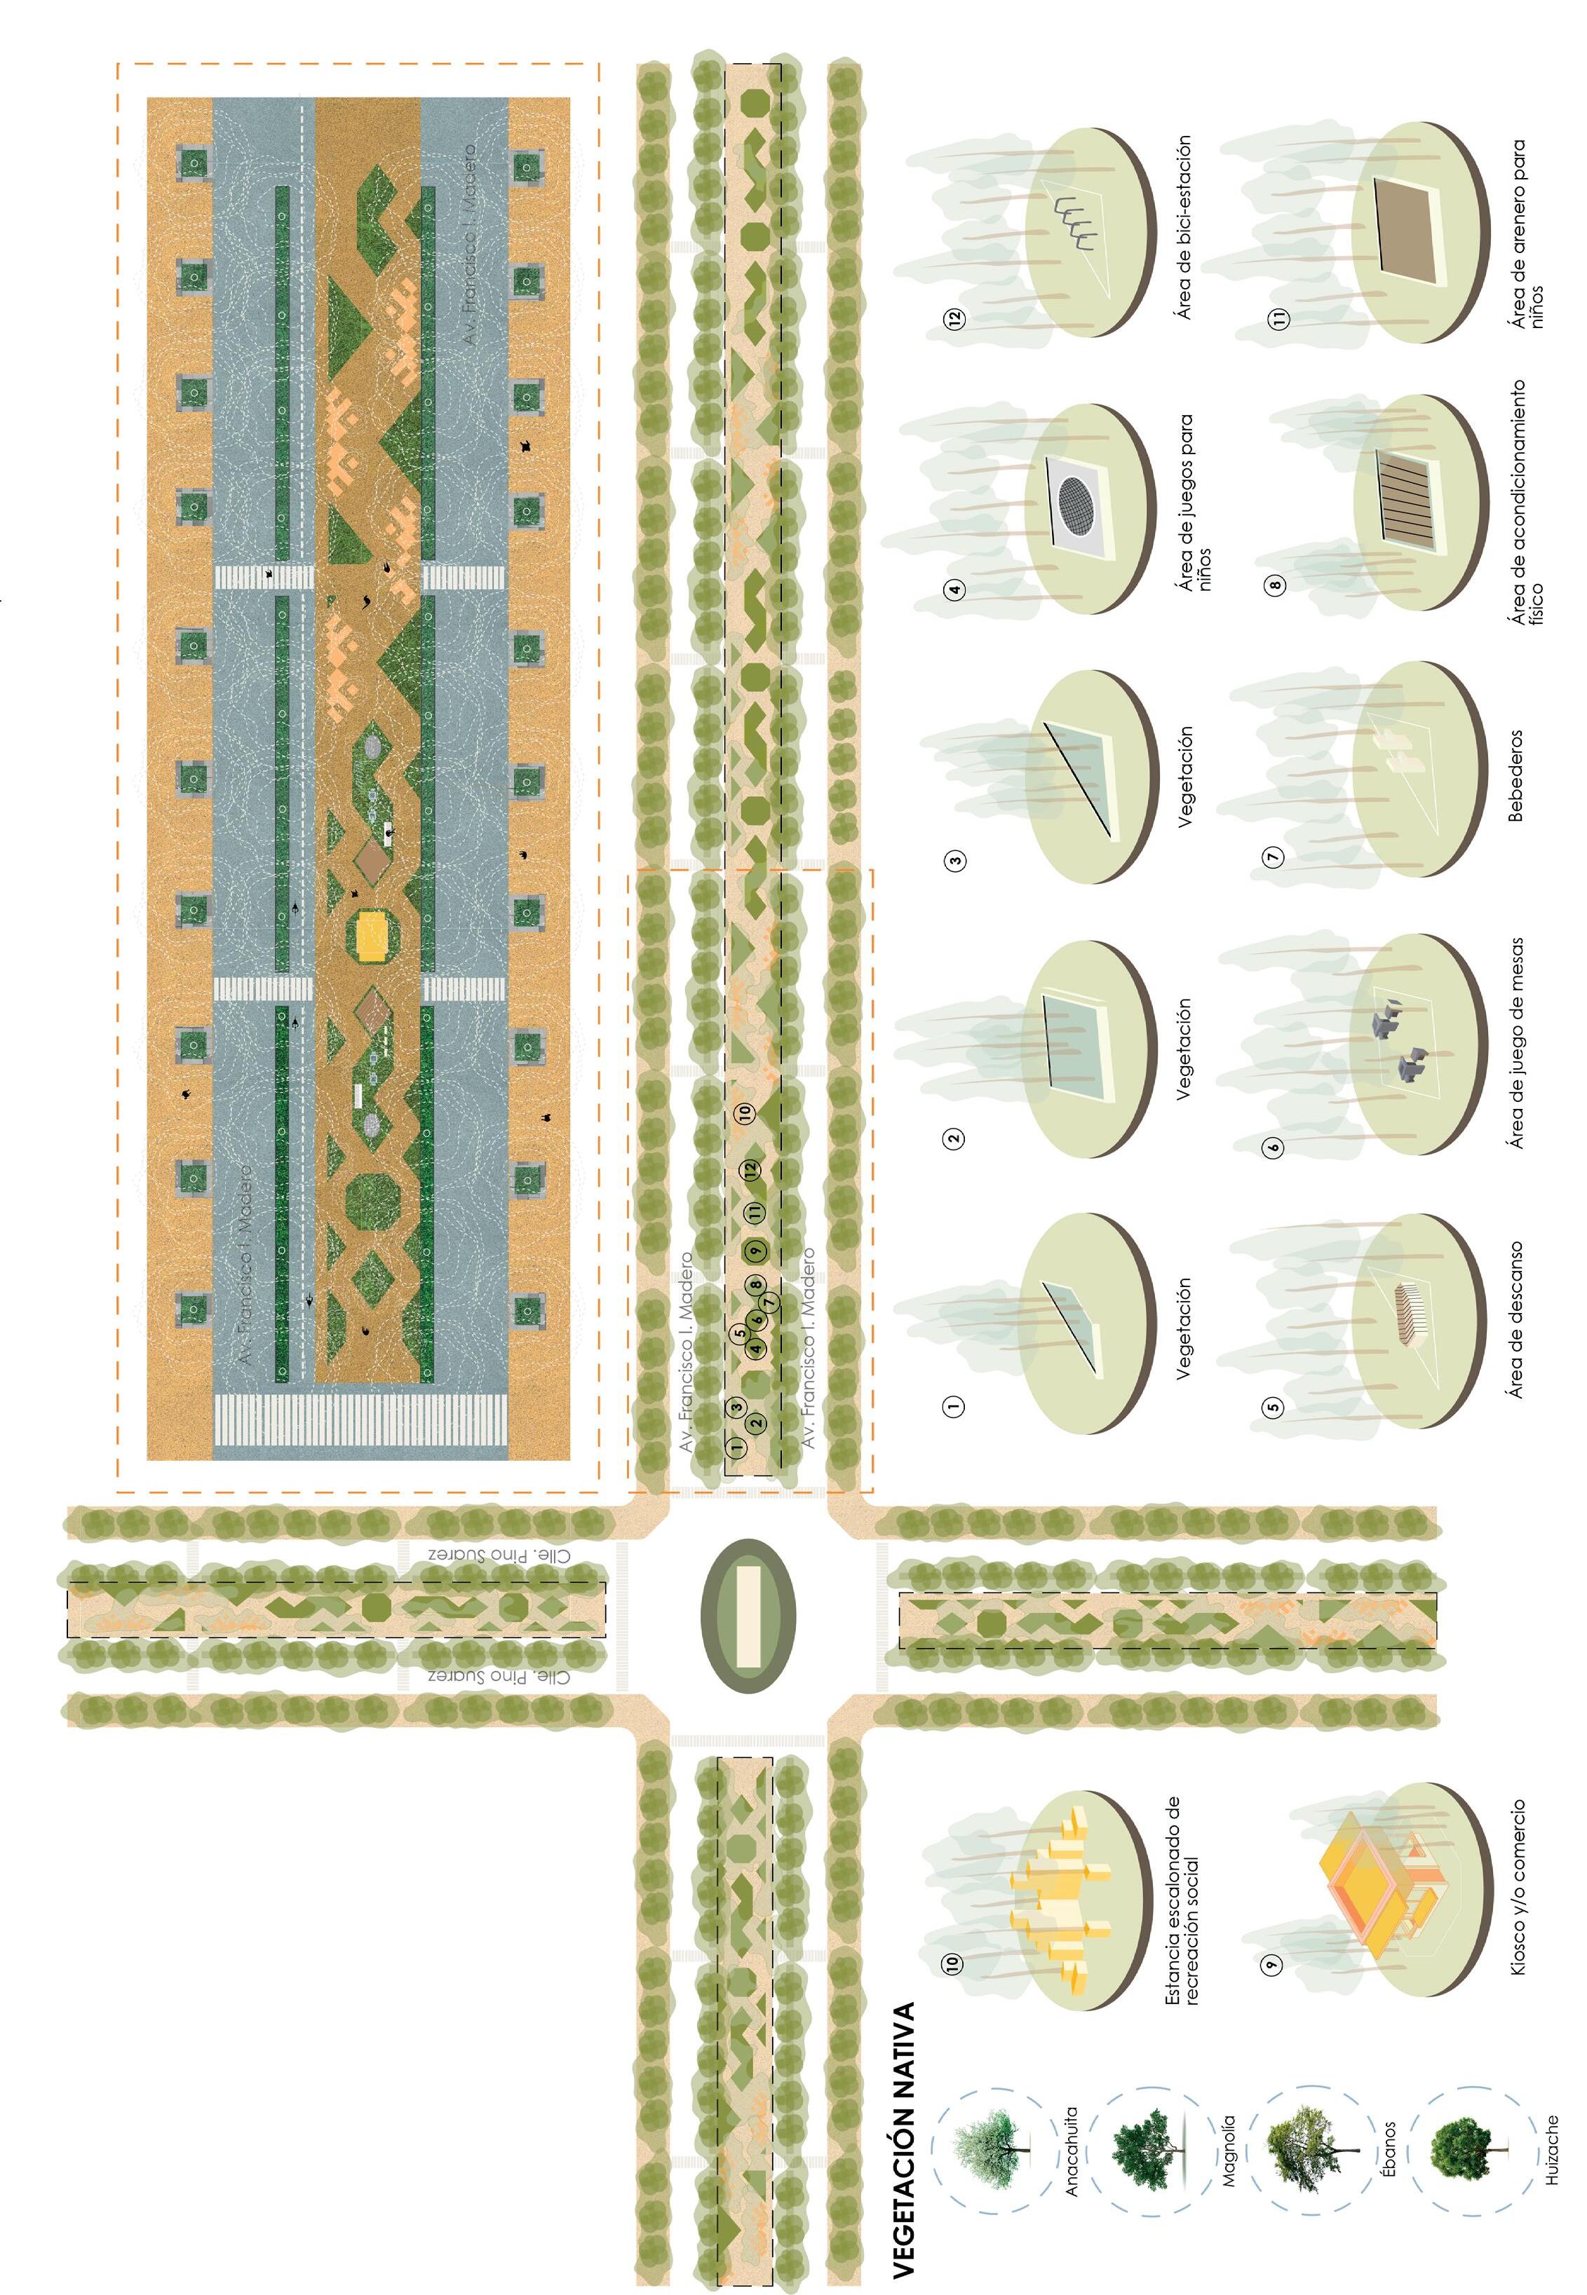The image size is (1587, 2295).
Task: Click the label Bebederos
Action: pyautogui.click(x=1515, y=776)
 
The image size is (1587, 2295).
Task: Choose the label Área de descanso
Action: pyautogui.click(x=1515, y=1319)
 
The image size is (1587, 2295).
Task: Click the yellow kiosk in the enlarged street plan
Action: pyautogui.click(x=372, y=937)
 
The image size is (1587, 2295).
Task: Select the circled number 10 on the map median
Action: pyautogui.click(x=745, y=1112)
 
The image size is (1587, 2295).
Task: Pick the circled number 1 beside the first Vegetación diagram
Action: pyautogui.click(x=954, y=1405)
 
